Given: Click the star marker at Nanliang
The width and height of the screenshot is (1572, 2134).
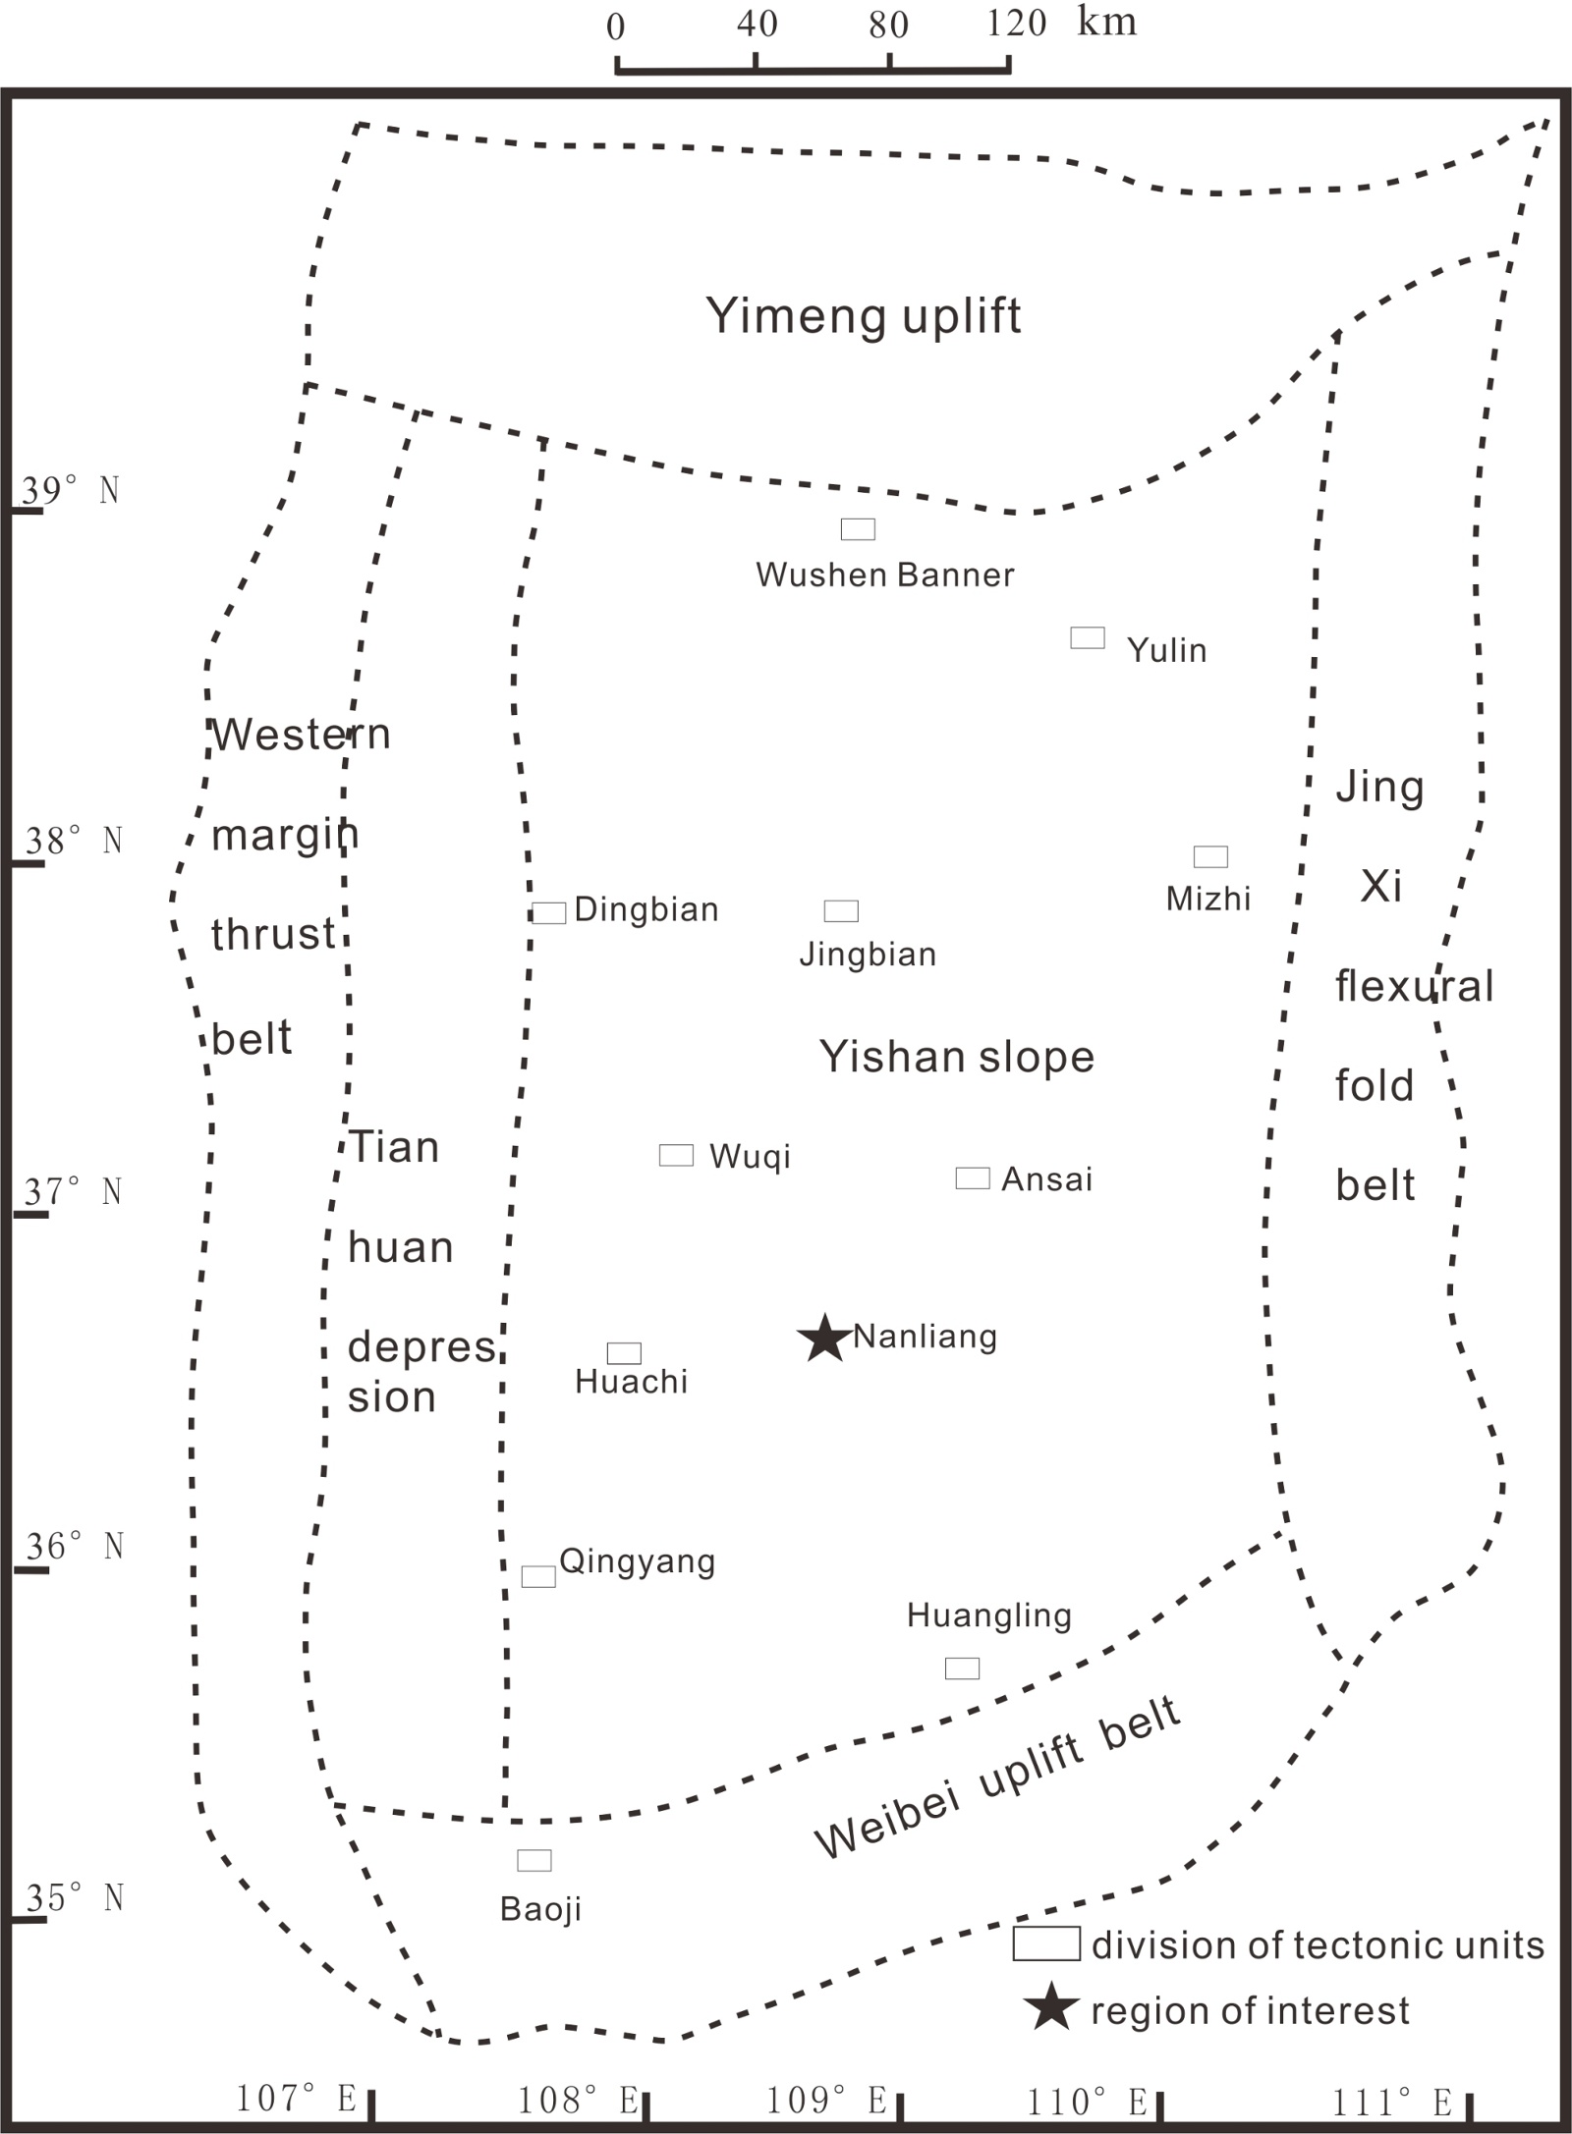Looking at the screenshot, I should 823,1338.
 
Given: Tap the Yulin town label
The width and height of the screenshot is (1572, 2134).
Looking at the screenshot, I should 1166,650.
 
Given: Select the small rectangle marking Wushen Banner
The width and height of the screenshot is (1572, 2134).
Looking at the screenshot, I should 858,529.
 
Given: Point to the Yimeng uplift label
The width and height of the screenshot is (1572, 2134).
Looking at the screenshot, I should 864,316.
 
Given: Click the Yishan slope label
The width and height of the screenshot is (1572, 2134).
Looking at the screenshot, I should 957,1058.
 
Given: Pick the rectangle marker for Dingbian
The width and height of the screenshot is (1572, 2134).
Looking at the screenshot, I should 549,913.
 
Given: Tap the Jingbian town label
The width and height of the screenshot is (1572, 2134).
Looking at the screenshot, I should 868,955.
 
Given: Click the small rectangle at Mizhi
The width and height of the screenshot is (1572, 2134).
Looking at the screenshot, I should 1210,856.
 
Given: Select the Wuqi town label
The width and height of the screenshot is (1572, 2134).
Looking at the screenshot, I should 750,1157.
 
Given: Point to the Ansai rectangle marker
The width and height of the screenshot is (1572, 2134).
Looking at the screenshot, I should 973,1178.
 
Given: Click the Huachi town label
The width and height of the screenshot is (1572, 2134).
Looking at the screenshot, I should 631,1383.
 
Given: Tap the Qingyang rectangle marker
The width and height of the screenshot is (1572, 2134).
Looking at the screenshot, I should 538,1576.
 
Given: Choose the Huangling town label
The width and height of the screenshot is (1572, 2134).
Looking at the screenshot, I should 988,1615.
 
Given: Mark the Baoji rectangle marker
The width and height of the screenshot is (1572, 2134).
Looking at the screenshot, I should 534,1860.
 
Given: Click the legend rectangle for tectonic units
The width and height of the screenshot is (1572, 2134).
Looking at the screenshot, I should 1046,1943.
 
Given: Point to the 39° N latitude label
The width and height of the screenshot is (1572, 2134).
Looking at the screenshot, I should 71,490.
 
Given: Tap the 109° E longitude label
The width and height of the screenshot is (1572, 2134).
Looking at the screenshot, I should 825,2101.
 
